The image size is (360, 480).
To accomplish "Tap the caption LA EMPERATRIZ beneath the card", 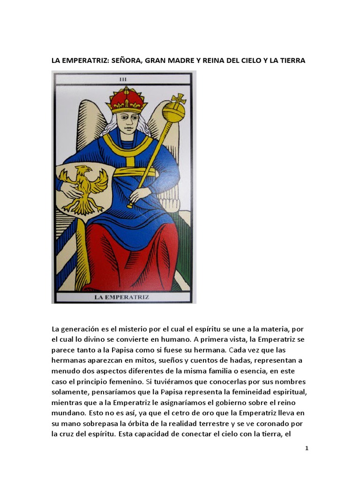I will (124, 297).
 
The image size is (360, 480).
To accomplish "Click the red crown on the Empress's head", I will (127, 99).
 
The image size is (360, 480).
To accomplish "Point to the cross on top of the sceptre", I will (179, 100).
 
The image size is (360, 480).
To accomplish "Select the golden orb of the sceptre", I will (173, 113).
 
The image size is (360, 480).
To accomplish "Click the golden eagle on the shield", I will (84, 188).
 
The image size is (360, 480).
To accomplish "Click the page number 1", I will (307, 448).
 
